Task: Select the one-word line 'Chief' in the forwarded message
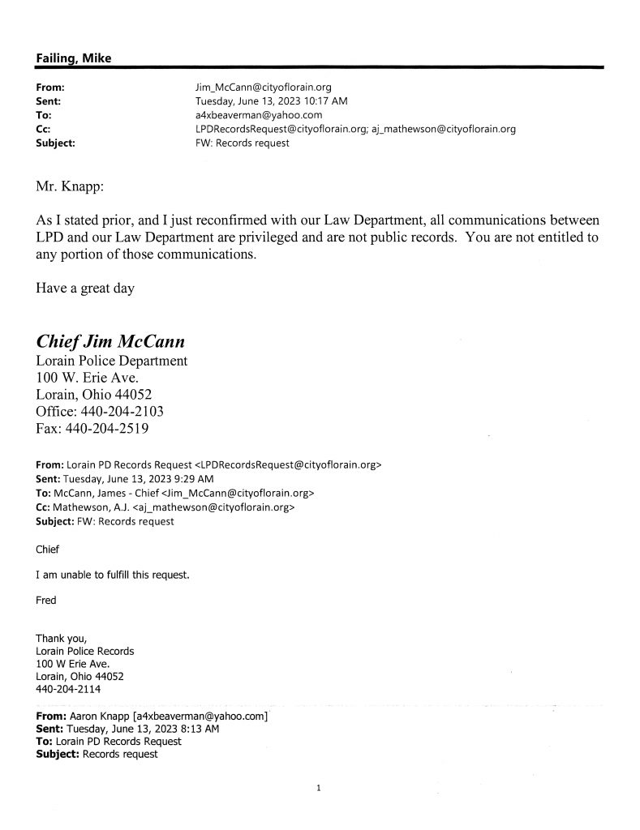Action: click(48, 550)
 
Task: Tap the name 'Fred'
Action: click(47, 601)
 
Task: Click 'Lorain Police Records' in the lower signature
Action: click(85, 651)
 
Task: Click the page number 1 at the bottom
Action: click(320, 787)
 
